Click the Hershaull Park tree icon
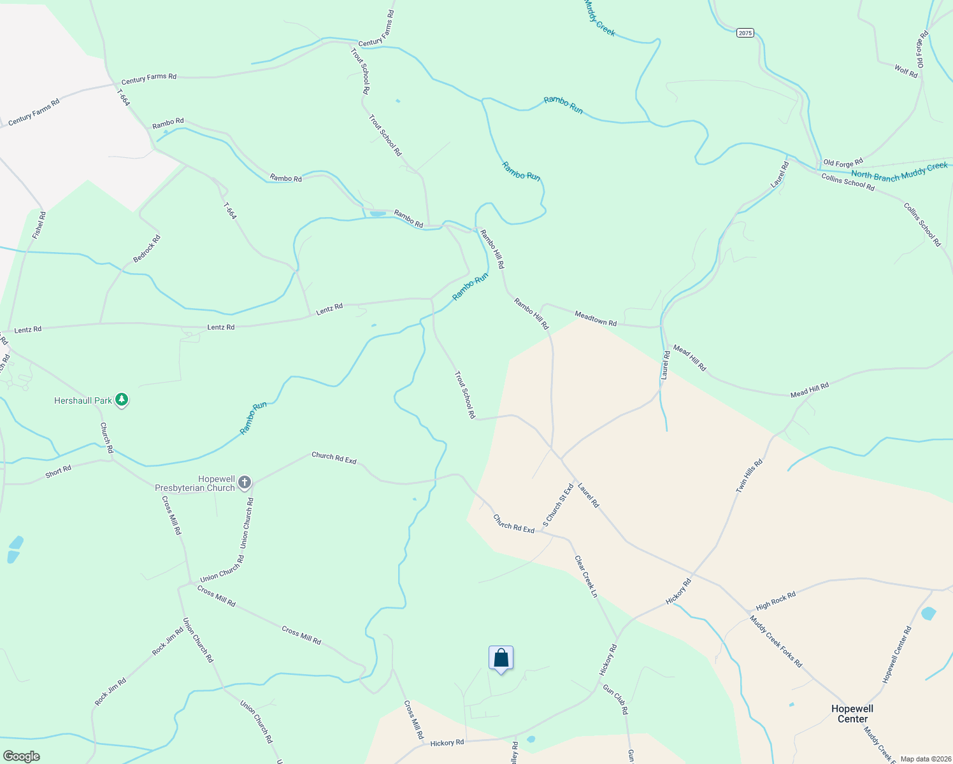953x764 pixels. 122,400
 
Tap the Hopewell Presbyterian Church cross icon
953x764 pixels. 244,483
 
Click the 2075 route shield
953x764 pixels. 745,33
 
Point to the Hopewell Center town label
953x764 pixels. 852,714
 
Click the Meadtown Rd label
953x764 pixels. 596,318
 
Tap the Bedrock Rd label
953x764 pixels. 147,249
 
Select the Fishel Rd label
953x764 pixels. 39,225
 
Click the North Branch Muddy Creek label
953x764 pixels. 899,171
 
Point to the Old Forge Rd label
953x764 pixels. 843,163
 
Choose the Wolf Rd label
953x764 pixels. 906,71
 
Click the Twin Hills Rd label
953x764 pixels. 749,476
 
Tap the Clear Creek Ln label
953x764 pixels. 586,576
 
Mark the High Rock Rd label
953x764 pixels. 776,600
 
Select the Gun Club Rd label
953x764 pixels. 615,700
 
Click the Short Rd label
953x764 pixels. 58,472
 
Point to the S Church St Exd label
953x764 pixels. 558,506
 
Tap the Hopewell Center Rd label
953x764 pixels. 897,654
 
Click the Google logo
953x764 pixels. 22,756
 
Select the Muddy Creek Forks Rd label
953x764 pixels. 776,641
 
